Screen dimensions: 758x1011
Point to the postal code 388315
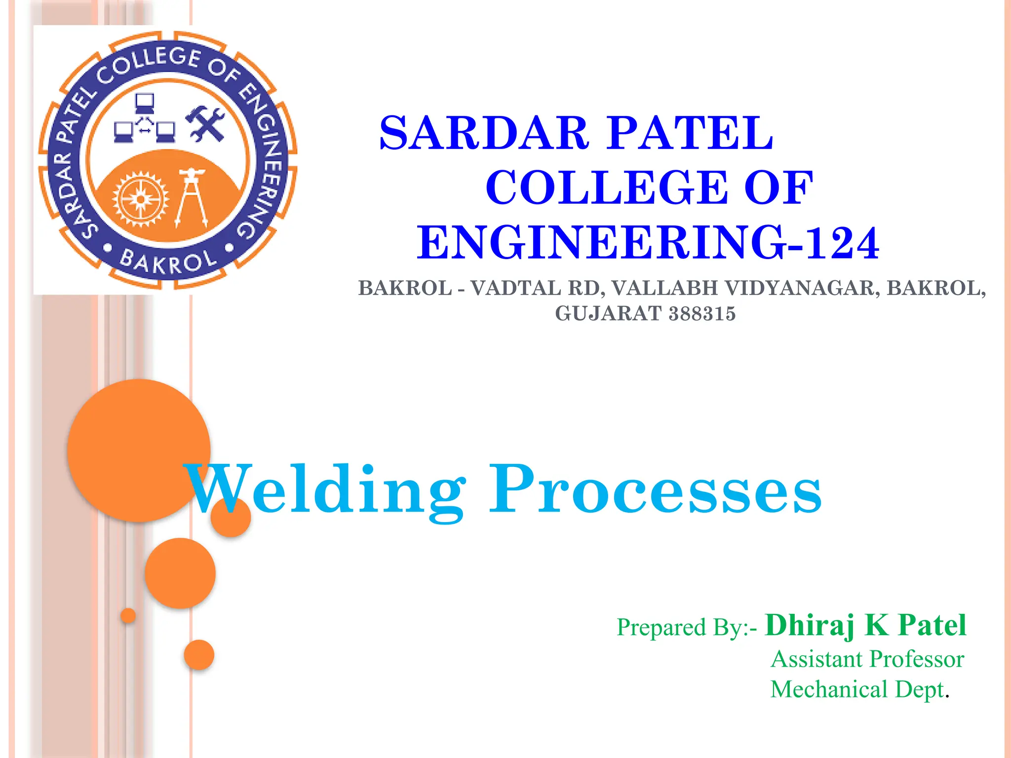[x=702, y=314]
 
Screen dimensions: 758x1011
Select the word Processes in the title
[x=655, y=491]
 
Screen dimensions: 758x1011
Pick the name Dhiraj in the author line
[x=810, y=626]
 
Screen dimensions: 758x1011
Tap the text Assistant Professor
[x=867, y=659]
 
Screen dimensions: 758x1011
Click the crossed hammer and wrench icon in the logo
[x=205, y=123]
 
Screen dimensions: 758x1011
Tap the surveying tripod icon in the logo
[x=192, y=197]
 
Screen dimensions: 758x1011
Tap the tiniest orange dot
[x=128, y=615]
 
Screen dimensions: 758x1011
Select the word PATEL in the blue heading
[x=690, y=133]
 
